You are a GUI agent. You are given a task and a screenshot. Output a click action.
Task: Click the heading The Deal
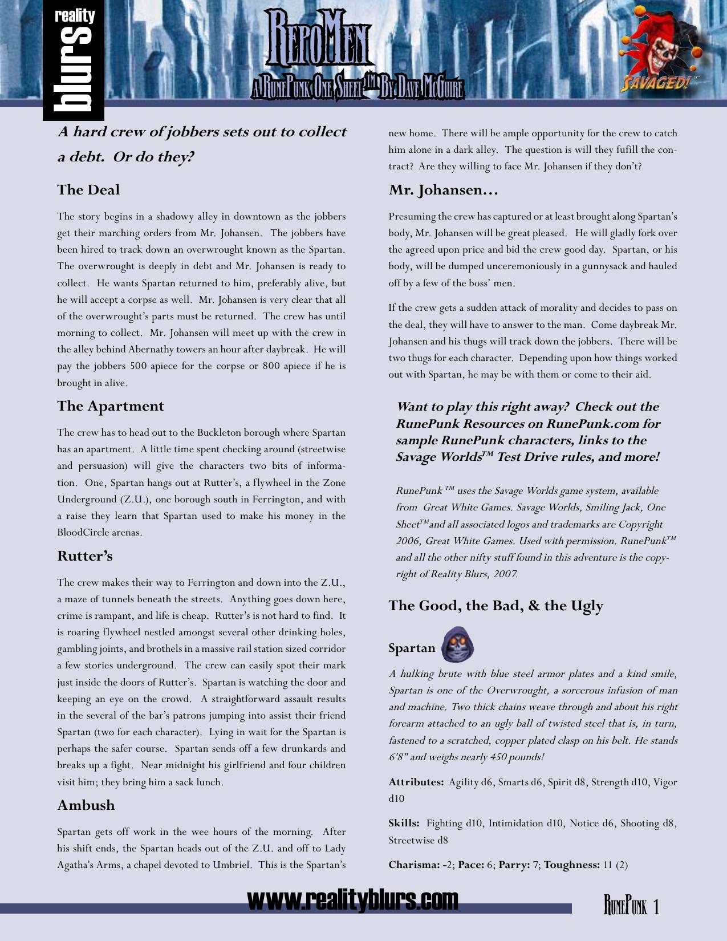tap(88, 190)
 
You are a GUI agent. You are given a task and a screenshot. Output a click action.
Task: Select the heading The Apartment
tap(110, 406)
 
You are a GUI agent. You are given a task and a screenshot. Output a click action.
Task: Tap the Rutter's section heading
tap(85, 556)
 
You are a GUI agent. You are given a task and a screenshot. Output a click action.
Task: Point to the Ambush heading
tap(86, 805)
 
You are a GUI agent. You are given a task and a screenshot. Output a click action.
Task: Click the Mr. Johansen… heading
tap(443, 190)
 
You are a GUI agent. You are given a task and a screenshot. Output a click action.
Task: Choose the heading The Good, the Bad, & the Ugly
tap(496, 606)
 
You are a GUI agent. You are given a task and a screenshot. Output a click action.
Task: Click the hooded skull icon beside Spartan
tap(457, 645)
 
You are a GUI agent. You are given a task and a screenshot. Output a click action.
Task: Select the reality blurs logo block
tap(73, 60)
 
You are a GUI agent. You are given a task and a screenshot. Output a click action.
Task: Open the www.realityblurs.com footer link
tap(352, 900)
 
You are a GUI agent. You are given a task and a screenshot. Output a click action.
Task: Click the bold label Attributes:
tap(416, 782)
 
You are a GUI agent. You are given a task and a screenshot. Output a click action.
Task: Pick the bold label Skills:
tap(404, 824)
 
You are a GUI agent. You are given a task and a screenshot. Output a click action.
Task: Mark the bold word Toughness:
tap(571, 865)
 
